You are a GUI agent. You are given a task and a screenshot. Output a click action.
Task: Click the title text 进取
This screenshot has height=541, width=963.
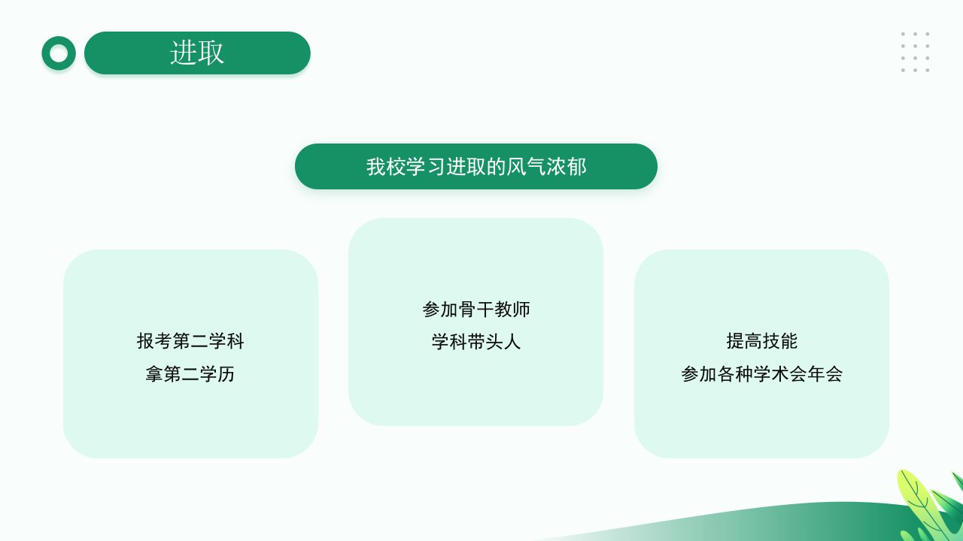coord(197,53)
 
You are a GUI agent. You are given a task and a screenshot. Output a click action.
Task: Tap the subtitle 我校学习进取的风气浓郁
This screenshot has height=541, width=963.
coord(476,167)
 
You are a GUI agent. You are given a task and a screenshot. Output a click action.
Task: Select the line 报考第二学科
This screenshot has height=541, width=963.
coord(190,341)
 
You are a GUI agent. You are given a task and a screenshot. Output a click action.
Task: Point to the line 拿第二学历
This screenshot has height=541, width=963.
coord(190,374)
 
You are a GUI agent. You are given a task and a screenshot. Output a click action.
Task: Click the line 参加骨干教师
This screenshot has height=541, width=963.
coord(476,310)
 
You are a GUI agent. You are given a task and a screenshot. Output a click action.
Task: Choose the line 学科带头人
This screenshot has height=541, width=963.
coord(476,342)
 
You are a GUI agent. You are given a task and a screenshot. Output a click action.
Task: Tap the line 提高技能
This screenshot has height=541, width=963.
coord(762,341)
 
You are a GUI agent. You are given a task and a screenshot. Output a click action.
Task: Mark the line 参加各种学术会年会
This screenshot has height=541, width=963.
coord(762,374)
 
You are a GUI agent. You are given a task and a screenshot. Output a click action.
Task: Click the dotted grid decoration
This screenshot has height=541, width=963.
coord(916,52)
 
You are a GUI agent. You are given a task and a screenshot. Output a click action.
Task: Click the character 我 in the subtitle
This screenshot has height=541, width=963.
coord(375,167)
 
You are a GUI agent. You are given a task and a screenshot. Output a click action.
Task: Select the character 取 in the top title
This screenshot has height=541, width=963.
coord(211,53)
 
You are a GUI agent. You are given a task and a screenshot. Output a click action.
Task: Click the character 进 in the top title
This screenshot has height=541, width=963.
coord(184,53)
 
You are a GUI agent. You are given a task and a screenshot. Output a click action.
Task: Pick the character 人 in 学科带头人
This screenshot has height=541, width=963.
coord(512,342)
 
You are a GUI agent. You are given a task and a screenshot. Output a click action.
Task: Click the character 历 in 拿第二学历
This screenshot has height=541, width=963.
coord(226,374)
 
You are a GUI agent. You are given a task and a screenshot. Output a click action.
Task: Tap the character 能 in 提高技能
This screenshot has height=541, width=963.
coord(789,341)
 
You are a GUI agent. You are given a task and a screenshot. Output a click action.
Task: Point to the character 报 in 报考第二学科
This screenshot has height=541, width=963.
coord(146,341)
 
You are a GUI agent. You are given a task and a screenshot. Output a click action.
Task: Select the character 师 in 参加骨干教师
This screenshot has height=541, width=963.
coord(521,310)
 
